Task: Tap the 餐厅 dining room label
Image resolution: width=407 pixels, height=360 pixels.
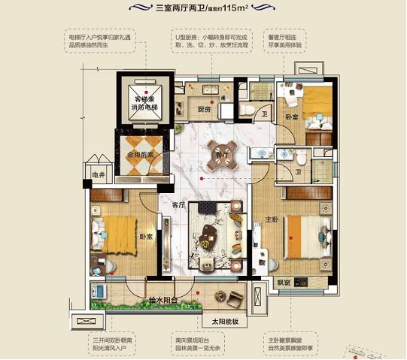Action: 221,155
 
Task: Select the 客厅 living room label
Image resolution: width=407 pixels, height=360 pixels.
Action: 178,204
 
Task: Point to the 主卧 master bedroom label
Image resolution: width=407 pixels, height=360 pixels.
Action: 272,220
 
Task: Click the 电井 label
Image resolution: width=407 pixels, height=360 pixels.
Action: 96,176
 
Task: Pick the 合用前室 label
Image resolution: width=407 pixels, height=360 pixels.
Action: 141,155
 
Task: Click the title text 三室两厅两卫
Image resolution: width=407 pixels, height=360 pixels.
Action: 181,10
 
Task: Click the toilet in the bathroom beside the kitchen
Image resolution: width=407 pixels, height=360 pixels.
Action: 249,110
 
